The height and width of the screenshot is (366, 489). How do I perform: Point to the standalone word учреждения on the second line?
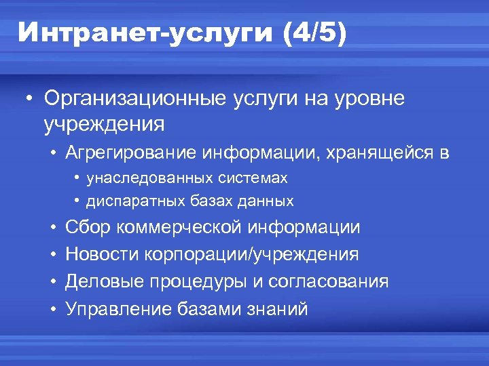104,124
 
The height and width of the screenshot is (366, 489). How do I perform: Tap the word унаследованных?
149,178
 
